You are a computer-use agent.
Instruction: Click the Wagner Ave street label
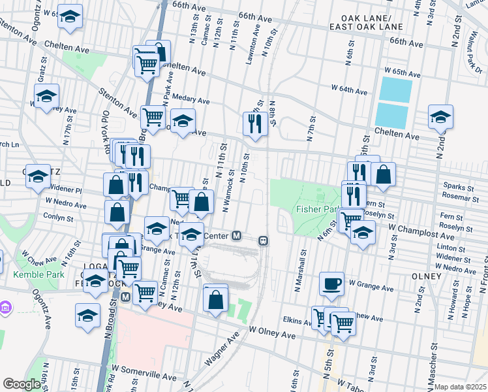[x=221, y=350]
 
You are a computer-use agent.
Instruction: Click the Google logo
[x=22, y=384]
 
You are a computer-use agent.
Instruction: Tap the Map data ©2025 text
[x=460, y=387]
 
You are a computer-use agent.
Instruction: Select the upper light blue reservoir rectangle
[x=395, y=90]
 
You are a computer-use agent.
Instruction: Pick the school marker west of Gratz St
[x=46, y=97]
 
